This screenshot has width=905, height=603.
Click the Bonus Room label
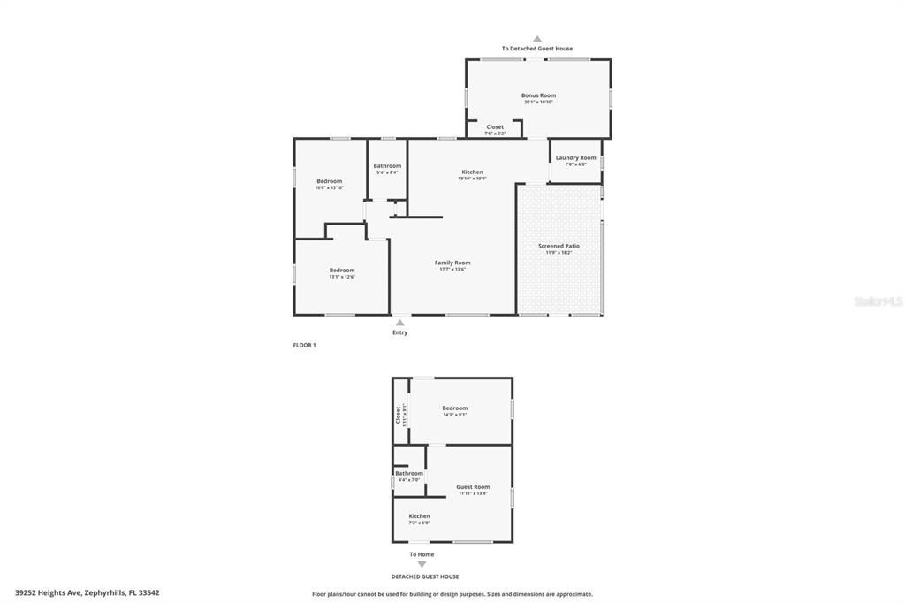pyautogui.click(x=538, y=95)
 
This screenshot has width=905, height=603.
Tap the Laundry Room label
pyautogui.click(x=575, y=158)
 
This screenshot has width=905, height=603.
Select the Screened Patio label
pyautogui.click(x=559, y=246)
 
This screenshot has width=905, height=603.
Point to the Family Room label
pyautogui.click(x=452, y=263)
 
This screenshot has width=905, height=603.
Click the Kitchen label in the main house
pyautogui.click(x=472, y=172)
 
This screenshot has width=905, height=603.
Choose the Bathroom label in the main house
pyautogui.click(x=387, y=166)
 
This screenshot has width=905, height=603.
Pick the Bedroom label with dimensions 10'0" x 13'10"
pyautogui.click(x=329, y=181)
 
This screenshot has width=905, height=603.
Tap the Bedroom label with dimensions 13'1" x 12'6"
pyautogui.click(x=342, y=271)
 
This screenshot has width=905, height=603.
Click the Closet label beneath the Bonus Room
pyautogui.click(x=495, y=127)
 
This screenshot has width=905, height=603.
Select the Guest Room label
pyautogui.click(x=473, y=487)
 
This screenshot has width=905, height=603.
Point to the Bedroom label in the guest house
pyautogui.click(x=454, y=408)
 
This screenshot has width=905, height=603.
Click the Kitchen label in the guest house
pyautogui.click(x=419, y=516)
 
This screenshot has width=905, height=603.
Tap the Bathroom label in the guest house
pyautogui.click(x=409, y=474)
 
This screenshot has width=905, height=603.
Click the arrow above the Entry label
pyautogui.click(x=399, y=323)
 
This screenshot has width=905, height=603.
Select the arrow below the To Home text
pyautogui.click(x=422, y=564)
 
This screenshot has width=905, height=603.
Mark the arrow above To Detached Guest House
pyautogui.click(x=536, y=39)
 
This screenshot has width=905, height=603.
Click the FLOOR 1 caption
pyautogui.click(x=304, y=345)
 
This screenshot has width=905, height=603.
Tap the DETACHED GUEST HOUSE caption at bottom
pyautogui.click(x=425, y=576)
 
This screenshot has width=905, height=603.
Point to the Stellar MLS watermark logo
pyautogui.click(x=878, y=301)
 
